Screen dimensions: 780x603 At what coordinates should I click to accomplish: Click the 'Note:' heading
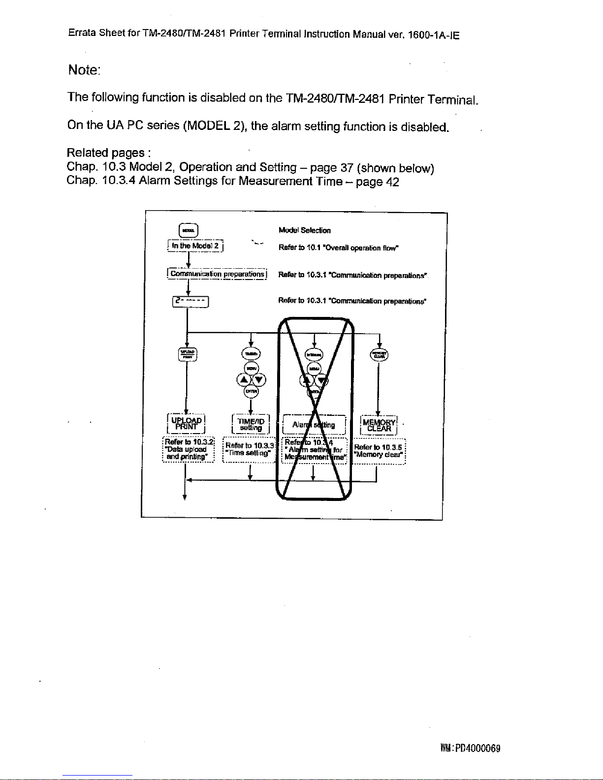pyautogui.click(x=84, y=70)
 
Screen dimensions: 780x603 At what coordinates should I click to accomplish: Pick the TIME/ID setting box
pyautogui.click(x=251, y=424)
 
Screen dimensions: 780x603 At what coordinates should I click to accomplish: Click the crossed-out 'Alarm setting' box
pyautogui.click(x=314, y=425)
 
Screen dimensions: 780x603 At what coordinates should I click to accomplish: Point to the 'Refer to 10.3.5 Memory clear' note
pyautogui.click(x=379, y=451)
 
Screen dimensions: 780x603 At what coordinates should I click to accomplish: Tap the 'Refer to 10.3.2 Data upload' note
pyautogui.click(x=188, y=448)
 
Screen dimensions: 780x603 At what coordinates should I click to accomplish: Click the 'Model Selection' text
pyautogui.click(x=304, y=230)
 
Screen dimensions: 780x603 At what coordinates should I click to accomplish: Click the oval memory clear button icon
pyautogui.click(x=379, y=354)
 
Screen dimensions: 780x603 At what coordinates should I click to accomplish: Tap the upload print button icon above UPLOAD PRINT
pyautogui.click(x=187, y=354)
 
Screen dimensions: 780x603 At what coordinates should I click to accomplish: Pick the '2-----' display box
pyautogui.click(x=190, y=301)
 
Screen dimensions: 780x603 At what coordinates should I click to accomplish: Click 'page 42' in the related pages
pyautogui.click(x=378, y=182)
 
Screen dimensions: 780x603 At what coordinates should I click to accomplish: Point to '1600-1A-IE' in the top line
pyautogui.click(x=434, y=35)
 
